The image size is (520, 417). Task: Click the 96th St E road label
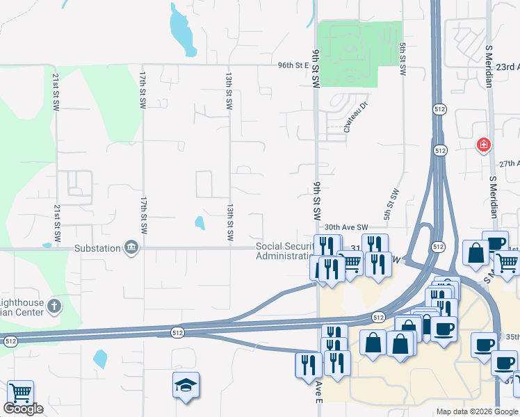(292, 66)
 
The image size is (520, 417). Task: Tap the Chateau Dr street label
(354, 119)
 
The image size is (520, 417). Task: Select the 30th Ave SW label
(346, 227)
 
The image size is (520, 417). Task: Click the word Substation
(97, 247)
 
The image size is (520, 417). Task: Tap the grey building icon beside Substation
(130, 247)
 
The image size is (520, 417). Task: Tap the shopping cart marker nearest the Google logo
(20, 393)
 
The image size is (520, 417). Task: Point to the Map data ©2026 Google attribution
(476, 411)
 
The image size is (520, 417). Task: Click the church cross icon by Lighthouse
(55, 304)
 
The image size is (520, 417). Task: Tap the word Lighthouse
(21, 303)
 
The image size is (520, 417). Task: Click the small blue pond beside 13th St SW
(200, 223)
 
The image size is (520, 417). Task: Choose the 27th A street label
(509, 164)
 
